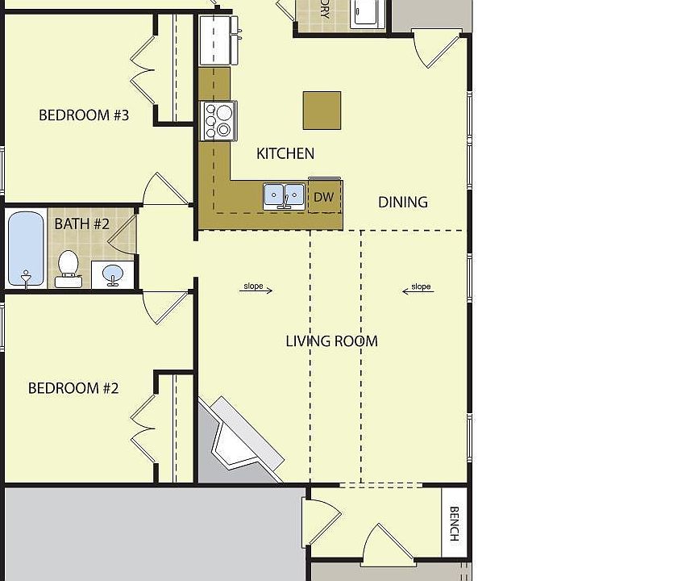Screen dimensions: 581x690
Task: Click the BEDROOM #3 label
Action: point(84,115)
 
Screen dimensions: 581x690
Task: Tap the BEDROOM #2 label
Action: point(73,388)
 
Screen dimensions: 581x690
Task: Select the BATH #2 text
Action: point(81,224)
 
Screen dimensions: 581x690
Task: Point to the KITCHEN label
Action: point(285,153)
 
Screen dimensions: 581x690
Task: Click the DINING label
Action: point(402,202)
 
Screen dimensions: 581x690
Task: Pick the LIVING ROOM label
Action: point(331,341)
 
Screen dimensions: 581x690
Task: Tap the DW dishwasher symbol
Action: point(324,197)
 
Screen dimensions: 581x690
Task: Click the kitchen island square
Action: point(322,110)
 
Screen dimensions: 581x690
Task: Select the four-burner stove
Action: point(218,120)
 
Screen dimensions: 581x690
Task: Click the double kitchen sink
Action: point(285,196)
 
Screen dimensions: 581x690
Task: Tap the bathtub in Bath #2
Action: point(26,249)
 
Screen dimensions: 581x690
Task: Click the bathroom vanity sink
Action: point(113,274)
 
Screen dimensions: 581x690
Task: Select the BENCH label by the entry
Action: point(454,523)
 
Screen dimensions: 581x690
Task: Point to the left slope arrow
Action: point(256,288)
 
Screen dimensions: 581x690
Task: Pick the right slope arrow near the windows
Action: point(418,289)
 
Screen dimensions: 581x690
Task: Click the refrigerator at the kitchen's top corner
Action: point(216,40)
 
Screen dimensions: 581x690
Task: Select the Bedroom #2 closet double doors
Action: point(143,423)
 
